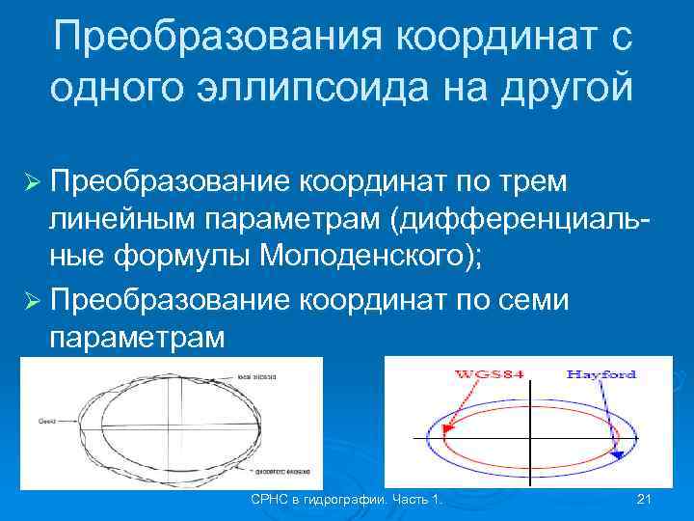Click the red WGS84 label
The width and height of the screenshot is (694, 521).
[490, 373]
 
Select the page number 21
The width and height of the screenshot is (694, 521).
[645, 499]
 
